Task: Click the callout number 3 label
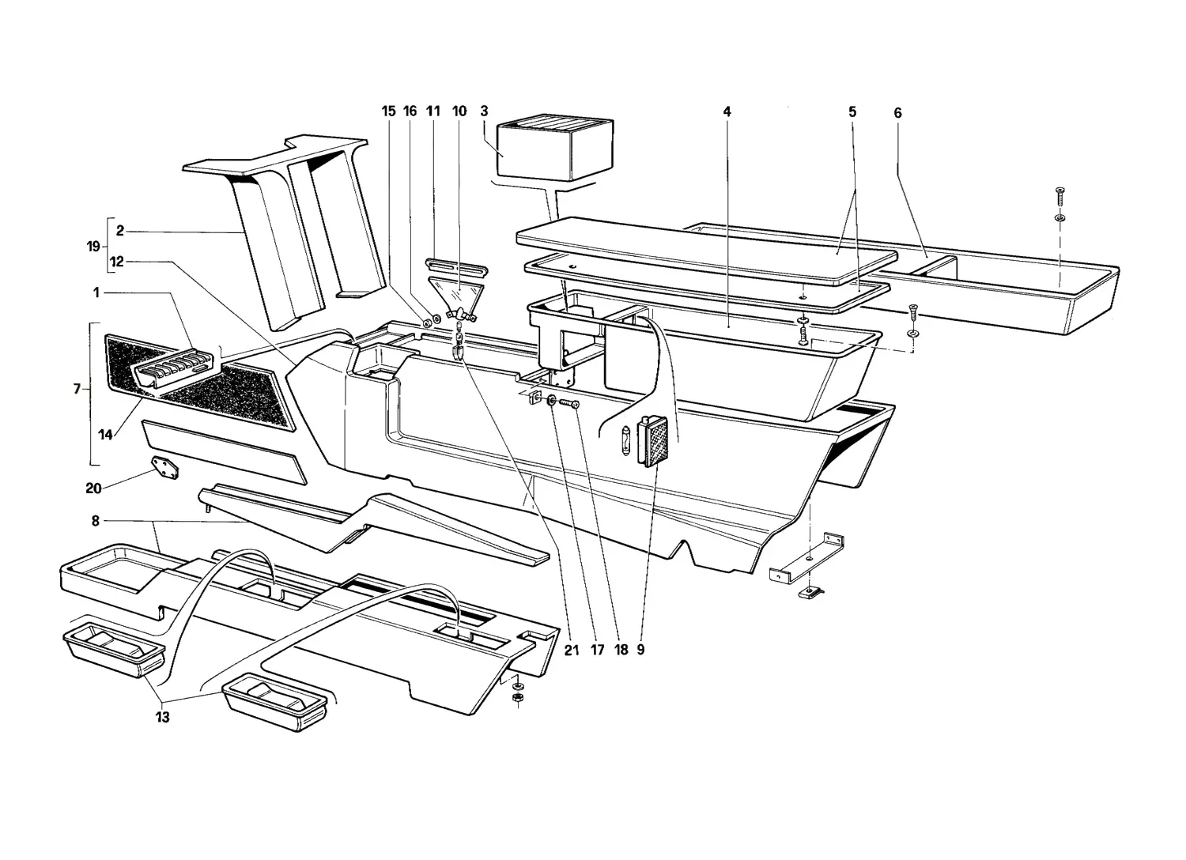[x=484, y=111]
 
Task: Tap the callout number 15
[x=389, y=111]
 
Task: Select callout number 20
[x=94, y=488]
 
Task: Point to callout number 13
[x=163, y=717]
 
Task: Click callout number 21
[x=572, y=650]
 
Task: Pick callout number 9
[x=640, y=650]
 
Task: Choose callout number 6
[x=897, y=112]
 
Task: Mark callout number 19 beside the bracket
[x=93, y=246]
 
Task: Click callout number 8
[x=96, y=521]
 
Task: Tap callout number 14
[x=105, y=435]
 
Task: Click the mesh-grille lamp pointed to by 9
[x=653, y=441]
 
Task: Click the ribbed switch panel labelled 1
[x=174, y=364]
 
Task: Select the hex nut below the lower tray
[x=517, y=698]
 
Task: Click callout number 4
[x=727, y=111]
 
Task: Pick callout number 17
[x=597, y=650]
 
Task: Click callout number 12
[x=116, y=262]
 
